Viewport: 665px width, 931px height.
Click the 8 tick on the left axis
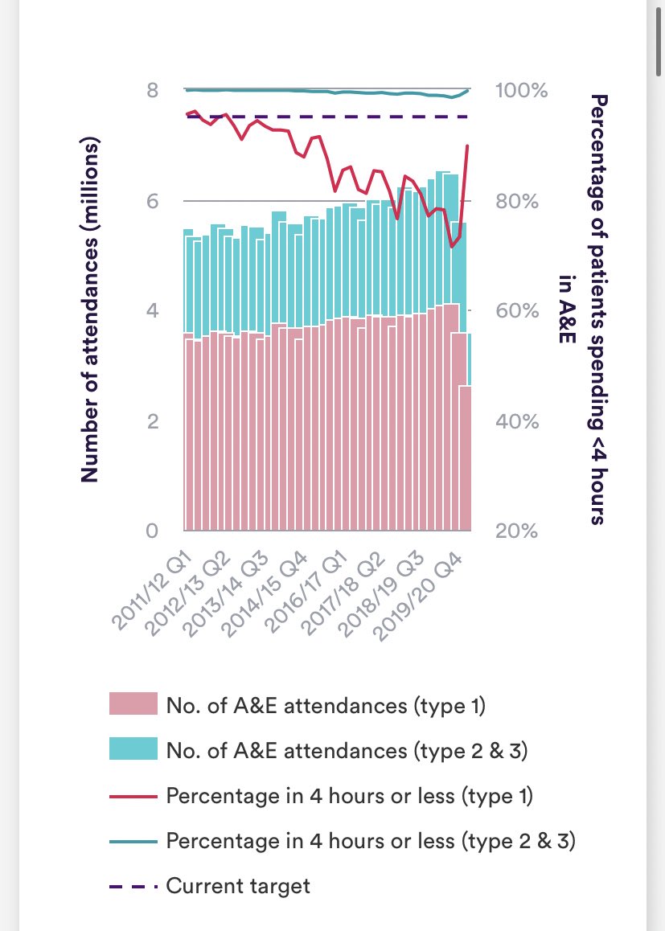tap(152, 90)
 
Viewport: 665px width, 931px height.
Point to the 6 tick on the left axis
tap(152, 201)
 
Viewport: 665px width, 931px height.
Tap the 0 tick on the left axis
tap(152, 531)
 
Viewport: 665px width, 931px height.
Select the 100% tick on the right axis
tap(520, 90)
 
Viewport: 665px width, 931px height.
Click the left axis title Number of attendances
tap(90, 310)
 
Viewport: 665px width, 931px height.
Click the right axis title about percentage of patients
tap(583, 310)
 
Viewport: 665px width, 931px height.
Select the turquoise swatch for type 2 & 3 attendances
tap(133, 749)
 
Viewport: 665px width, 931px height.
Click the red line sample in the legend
tap(133, 796)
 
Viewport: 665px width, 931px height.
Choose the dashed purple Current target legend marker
tap(133, 887)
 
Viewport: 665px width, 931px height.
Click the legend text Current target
tap(237, 887)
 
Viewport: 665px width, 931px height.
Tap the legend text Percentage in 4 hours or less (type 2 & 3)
tap(371, 841)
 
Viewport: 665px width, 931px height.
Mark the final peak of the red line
tap(468, 146)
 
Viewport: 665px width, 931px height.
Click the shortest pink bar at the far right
tap(465, 458)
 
